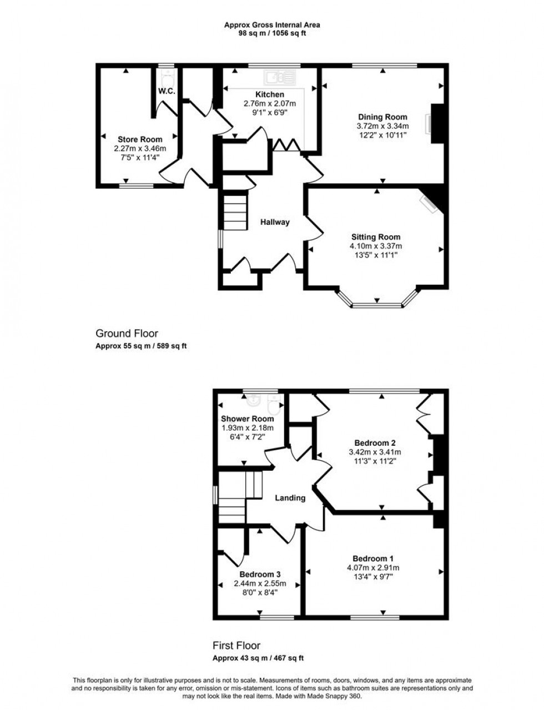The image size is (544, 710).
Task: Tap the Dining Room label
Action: pyautogui.click(x=382, y=117)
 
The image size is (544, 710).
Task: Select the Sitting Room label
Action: pyautogui.click(x=376, y=237)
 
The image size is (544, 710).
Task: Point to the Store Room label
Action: pyautogui.click(x=140, y=139)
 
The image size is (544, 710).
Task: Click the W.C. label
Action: pyautogui.click(x=167, y=91)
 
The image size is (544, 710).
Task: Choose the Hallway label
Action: pyautogui.click(x=275, y=222)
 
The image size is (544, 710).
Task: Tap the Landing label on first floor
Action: pyautogui.click(x=290, y=498)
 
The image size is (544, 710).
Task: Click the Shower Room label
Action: pyautogui.click(x=247, y=419)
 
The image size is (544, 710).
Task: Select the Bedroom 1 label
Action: pyautogui.click(x=373, y=558)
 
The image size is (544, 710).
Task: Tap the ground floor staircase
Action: pyautogui.click(x=235, y=210)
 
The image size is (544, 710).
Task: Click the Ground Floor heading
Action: pyautogui.click(x=127, y=334)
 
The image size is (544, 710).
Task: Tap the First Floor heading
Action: pyautogui.click(x=236, y=646)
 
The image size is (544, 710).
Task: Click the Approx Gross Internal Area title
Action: pyautogui.click(x=271, y=24)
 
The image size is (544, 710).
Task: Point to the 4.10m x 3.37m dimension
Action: pyautogui.click(x=376, y=246)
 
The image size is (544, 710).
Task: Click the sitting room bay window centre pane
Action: pyautogui.click(x=377, y=305)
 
